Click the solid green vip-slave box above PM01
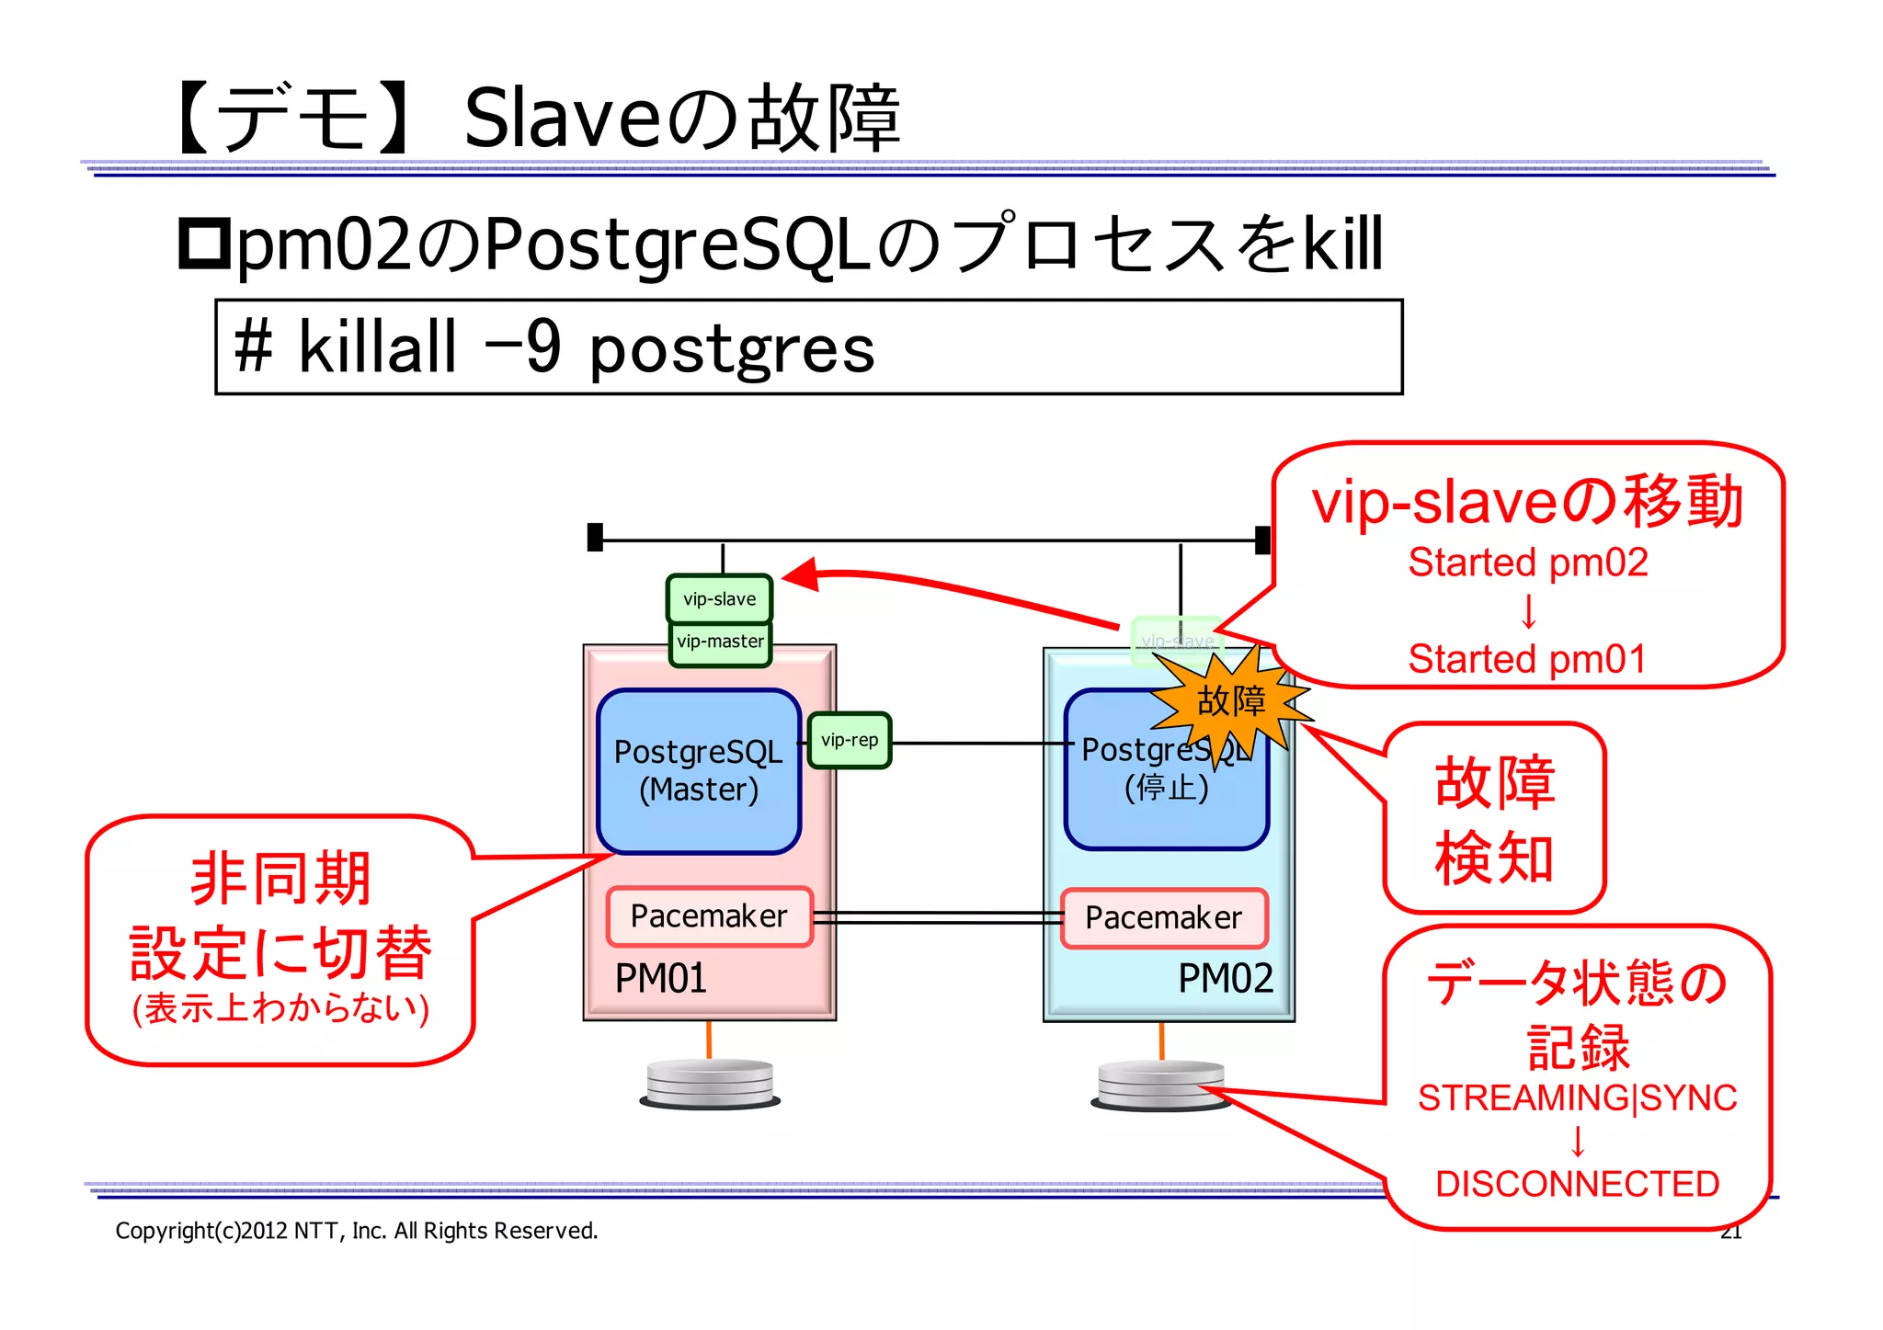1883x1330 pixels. coord(719,598)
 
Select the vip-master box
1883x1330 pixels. coord(720,642)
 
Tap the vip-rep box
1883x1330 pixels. coord(849,740)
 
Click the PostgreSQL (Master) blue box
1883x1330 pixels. coord(698,770)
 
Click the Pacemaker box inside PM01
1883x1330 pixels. coord(709,916)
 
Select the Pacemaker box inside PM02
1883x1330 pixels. coord(1163,917)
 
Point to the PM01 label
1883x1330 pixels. coord(660,978)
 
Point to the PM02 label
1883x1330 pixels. coord(1225,978)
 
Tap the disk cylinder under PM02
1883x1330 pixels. coord(1160,1085)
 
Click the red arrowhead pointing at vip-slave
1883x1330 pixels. coord(800,575)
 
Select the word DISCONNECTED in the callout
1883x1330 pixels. coord(1577,1184)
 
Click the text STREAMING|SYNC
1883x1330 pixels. coord(1577,1098)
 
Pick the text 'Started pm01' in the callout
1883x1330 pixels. coord(1527,659)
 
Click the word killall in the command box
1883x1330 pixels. coord(377,347)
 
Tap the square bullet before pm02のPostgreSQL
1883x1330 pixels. coord(203,244)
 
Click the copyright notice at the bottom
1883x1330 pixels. coord(356,1231)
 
